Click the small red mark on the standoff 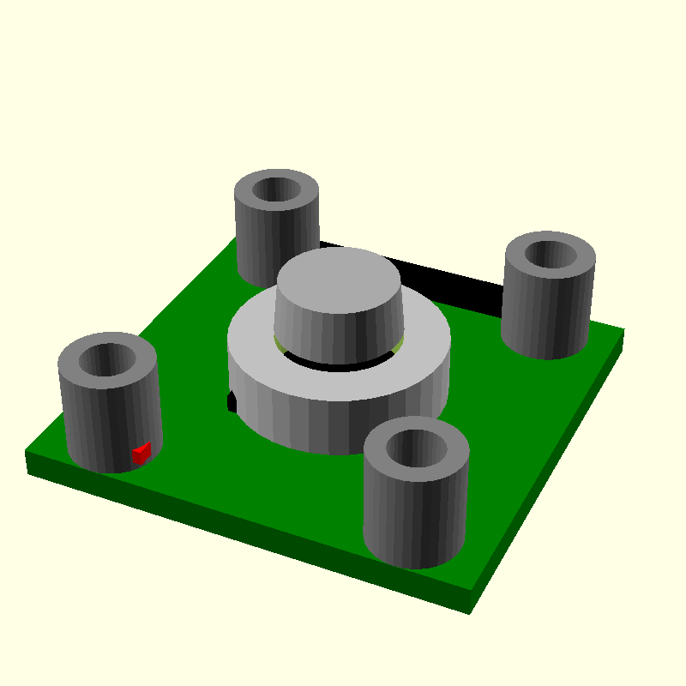coord(141,453)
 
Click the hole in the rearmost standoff coord(276,190)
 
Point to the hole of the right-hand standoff coord(549,255)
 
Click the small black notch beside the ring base coord(230,401)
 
